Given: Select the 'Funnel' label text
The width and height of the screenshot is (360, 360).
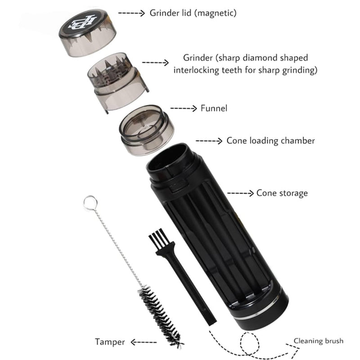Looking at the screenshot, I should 215,108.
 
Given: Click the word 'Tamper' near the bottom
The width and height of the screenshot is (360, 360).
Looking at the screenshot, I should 110,342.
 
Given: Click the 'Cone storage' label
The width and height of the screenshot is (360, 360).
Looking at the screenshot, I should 282,193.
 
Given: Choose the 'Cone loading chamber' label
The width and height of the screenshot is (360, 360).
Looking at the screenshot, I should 270,140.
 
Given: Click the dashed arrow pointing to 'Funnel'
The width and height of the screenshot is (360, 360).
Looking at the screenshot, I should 184,108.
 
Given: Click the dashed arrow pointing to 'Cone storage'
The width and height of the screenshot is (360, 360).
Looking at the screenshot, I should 240,193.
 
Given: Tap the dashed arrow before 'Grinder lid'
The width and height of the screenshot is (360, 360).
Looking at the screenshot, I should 131,13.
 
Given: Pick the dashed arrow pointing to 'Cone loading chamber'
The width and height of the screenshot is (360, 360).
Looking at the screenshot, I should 209,141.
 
